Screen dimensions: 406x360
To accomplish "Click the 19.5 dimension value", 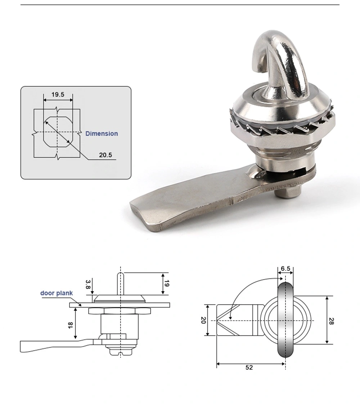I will (x=58, y=95).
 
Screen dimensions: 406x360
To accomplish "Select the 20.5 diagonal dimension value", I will (x=105, y=155).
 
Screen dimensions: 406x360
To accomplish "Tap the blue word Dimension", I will (x=102, y=134).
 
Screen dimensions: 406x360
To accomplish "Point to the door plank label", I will (x=56, y=293).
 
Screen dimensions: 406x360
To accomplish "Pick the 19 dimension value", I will (x=166, y=283).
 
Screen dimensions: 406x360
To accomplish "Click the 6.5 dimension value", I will (x=285, y=269).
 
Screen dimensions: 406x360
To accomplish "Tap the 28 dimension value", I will (x=331, y=320).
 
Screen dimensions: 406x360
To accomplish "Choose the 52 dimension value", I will (x=249, y=367).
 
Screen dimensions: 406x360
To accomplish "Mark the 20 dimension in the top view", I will (x=203, y=320).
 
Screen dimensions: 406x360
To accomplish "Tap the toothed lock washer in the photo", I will (x=281, y=126).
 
